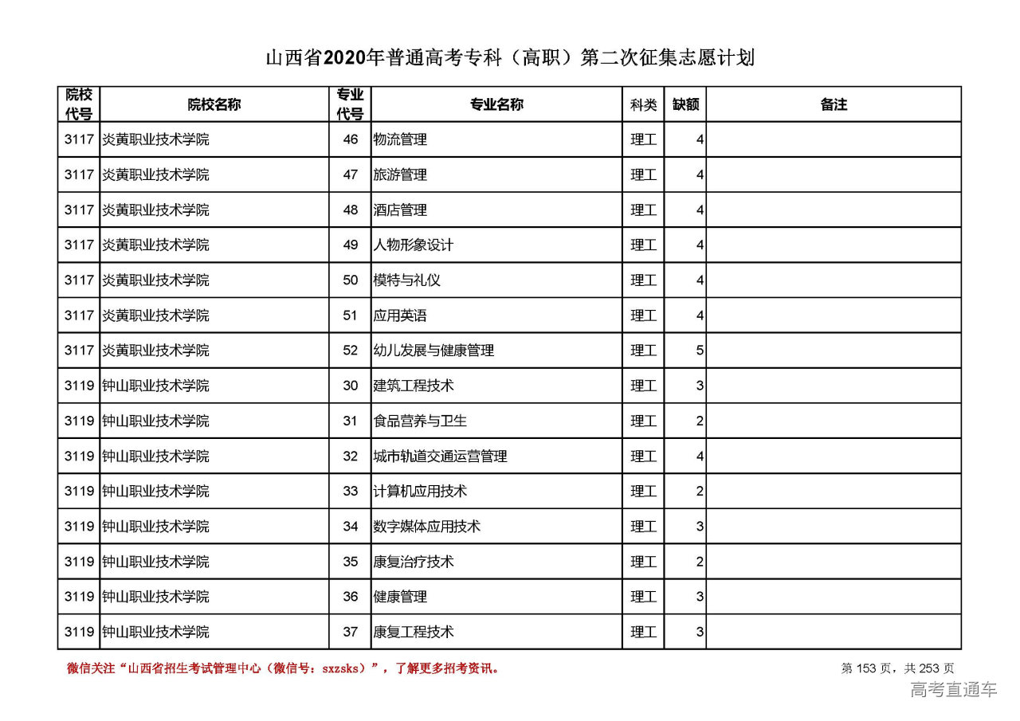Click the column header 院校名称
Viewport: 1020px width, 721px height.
[x=214, y=104]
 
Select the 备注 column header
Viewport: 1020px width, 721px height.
[x=834, y=104]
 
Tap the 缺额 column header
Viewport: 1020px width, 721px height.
[x=685, y=104]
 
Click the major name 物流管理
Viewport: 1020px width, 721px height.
[x=400, y=139]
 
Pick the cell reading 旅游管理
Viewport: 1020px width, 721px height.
[x=400, y=174]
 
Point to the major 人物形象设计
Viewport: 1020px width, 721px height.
[x=414, y=245]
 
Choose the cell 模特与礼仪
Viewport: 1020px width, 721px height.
[x=407, y=280]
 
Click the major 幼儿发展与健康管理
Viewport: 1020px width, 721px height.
[x=433, y=351]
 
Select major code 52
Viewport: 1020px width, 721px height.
[x=351, y=351]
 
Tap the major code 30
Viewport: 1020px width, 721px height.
[x=351, y=386]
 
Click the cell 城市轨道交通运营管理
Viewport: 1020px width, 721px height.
[x=441, y=457]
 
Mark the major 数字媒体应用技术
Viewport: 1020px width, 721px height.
[x=427, y=527]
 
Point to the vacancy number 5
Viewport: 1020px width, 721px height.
[x=700, y=351]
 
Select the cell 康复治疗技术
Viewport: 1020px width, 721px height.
[x=414, y=562]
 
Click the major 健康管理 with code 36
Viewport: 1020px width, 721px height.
[x=400, y=597]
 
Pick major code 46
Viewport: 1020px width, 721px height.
[x=351, y=139]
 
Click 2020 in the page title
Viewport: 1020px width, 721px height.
[x=345, y=58]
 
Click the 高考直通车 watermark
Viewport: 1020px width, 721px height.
[x=953, y=690]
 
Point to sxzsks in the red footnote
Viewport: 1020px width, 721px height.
[x=343, y=668]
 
